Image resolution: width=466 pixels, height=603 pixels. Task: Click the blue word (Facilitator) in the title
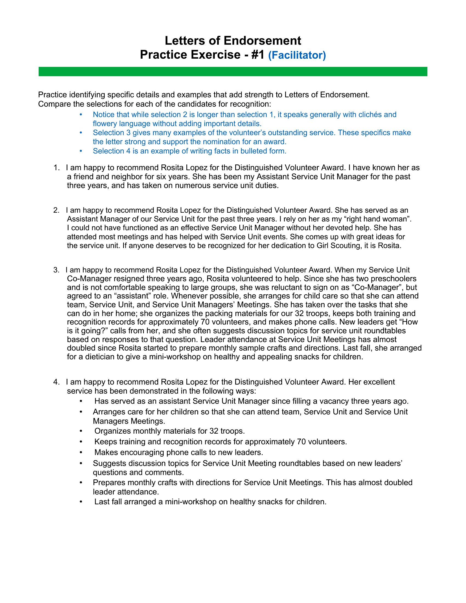(x=297, y=55)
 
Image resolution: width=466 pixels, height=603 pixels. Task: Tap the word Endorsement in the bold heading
(x=262, y=41)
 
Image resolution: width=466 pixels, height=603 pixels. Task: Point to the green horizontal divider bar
(x=233, y=72)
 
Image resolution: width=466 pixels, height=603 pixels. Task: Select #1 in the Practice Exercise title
(x=258, y=55)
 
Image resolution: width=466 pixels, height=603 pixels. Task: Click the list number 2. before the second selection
(x=56, y=211)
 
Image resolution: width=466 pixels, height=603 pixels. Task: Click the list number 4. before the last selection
(x=56, y=382)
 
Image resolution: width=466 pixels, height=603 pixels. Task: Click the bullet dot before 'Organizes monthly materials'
(x=81, y=431)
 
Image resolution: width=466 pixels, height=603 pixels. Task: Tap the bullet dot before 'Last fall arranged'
(x=81, y=502)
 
